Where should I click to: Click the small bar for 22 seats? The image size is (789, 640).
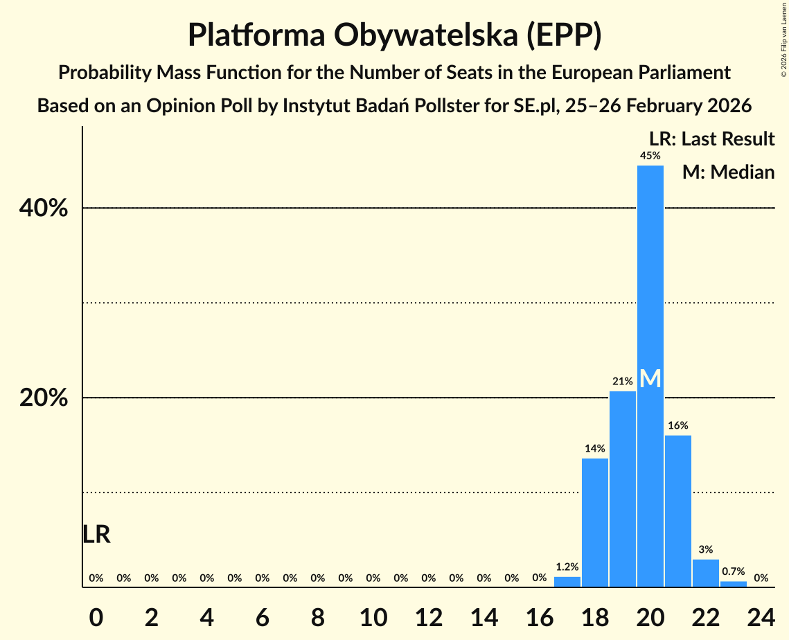pyautogui.click(x=705, y=573)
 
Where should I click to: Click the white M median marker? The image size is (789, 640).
pyautogui.click(x=650, y=379)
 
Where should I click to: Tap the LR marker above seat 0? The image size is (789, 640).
pyautogui.click(x=96, y=535)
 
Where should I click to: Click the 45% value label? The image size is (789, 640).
pyautogui.click(x=650, y=156)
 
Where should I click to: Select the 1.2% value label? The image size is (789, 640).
pyautogui.click(x=567, y=567)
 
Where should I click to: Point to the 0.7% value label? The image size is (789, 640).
pyautogui.click(x=733, y=571)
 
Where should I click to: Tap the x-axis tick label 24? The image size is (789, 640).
pyautogui.click(x=761, y=615)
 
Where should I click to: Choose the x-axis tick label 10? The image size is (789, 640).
pyautogui.click(x=373, y=615)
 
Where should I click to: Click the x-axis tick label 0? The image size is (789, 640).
pyautogui.click(x=96, y=615)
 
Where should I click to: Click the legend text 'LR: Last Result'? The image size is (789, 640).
pyautogui.click(x=711, y=139)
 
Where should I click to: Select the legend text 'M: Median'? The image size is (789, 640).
pyautogui.click(x=728, y=172)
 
